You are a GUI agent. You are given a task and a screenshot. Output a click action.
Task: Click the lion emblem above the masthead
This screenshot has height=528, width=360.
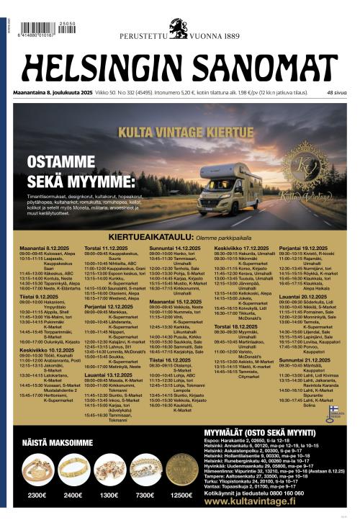pyautogui.click(x=178, y=28)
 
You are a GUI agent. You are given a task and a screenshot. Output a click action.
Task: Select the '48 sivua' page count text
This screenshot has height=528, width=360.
pyautogui.click(x=337, y=93)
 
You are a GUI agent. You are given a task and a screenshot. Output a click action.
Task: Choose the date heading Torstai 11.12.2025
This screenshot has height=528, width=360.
pyautogui.click(x=107, y=247)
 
